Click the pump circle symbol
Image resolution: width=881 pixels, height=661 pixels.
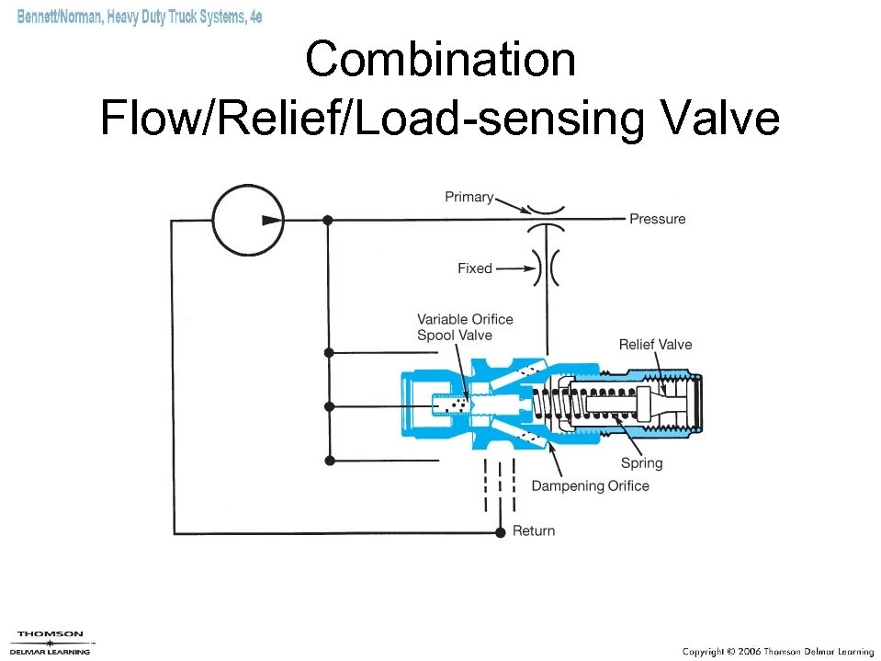coord(248,221)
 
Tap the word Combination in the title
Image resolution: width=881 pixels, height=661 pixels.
coord(440,61)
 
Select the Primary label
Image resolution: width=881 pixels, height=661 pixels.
coord(469,197)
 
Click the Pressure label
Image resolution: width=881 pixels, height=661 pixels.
coord(657,219)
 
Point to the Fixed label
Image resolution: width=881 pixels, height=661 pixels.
coord(475,268)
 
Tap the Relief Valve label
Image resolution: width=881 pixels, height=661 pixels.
coord(655,345)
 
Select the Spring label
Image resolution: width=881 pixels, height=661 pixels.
coord(641,463)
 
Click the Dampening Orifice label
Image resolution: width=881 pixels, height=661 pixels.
coord(590,486)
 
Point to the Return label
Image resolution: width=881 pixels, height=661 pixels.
coord(534,531)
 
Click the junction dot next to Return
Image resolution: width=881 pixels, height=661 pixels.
coord(500,532)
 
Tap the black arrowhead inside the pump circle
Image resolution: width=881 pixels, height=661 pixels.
coord(271,221)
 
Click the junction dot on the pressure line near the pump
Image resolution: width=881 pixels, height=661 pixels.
coord(328,221)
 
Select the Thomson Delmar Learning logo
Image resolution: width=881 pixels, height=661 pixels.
coord(51,642)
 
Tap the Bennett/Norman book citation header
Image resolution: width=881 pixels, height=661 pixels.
coord(140,17)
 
